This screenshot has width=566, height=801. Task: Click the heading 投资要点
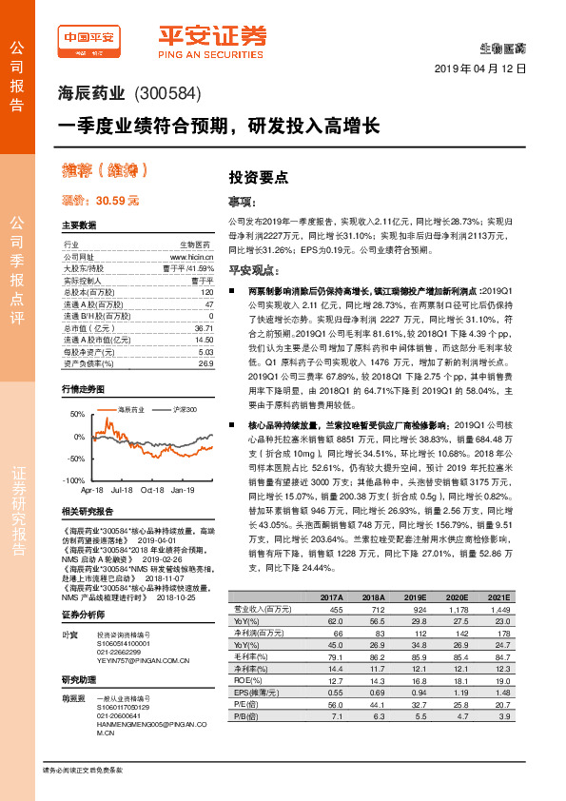point(251,177)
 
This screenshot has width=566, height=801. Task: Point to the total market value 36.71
point(201,326)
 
